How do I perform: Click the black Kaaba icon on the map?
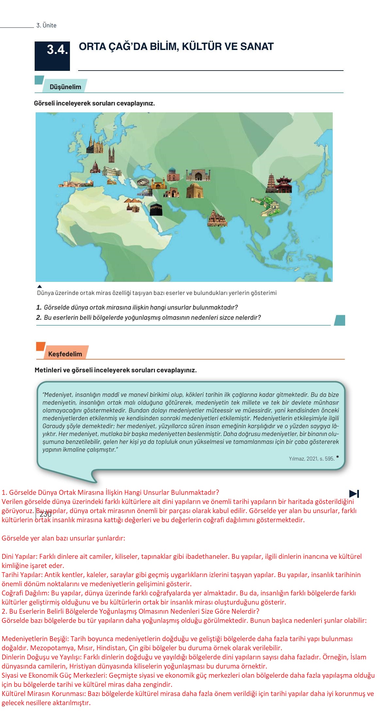pyautogui.click(x=156, y=209)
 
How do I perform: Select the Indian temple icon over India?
pyautogui.click(x=217, y=218)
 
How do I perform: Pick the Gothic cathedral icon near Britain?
pyautogui.click(x=94, y=145)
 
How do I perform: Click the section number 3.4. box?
pyautogui.click(x=52, y=56)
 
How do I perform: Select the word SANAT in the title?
pyautogui.click(x=257, y=47)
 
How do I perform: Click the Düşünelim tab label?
pyautogui.click(x=65, y=87)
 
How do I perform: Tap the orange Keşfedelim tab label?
pyautogui.click(x=65, y=354)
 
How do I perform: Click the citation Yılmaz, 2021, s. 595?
pyautogui.click(x=311, y=459)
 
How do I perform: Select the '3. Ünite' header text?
pyautogui.click(x=46, y=25)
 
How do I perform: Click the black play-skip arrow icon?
pyautogui.click(x=354, y=493)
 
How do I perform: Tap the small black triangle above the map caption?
pyautogui.click(x=40, y=287)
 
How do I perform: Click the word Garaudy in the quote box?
pyautogui.click(x=53, y=426)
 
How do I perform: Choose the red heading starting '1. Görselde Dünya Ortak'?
pyautogui.click(x=110, y=492)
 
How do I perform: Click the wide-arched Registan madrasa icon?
pyautogui.click(x=198, y=175)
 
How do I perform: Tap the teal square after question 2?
pyautogui.click(x=340, y=320)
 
